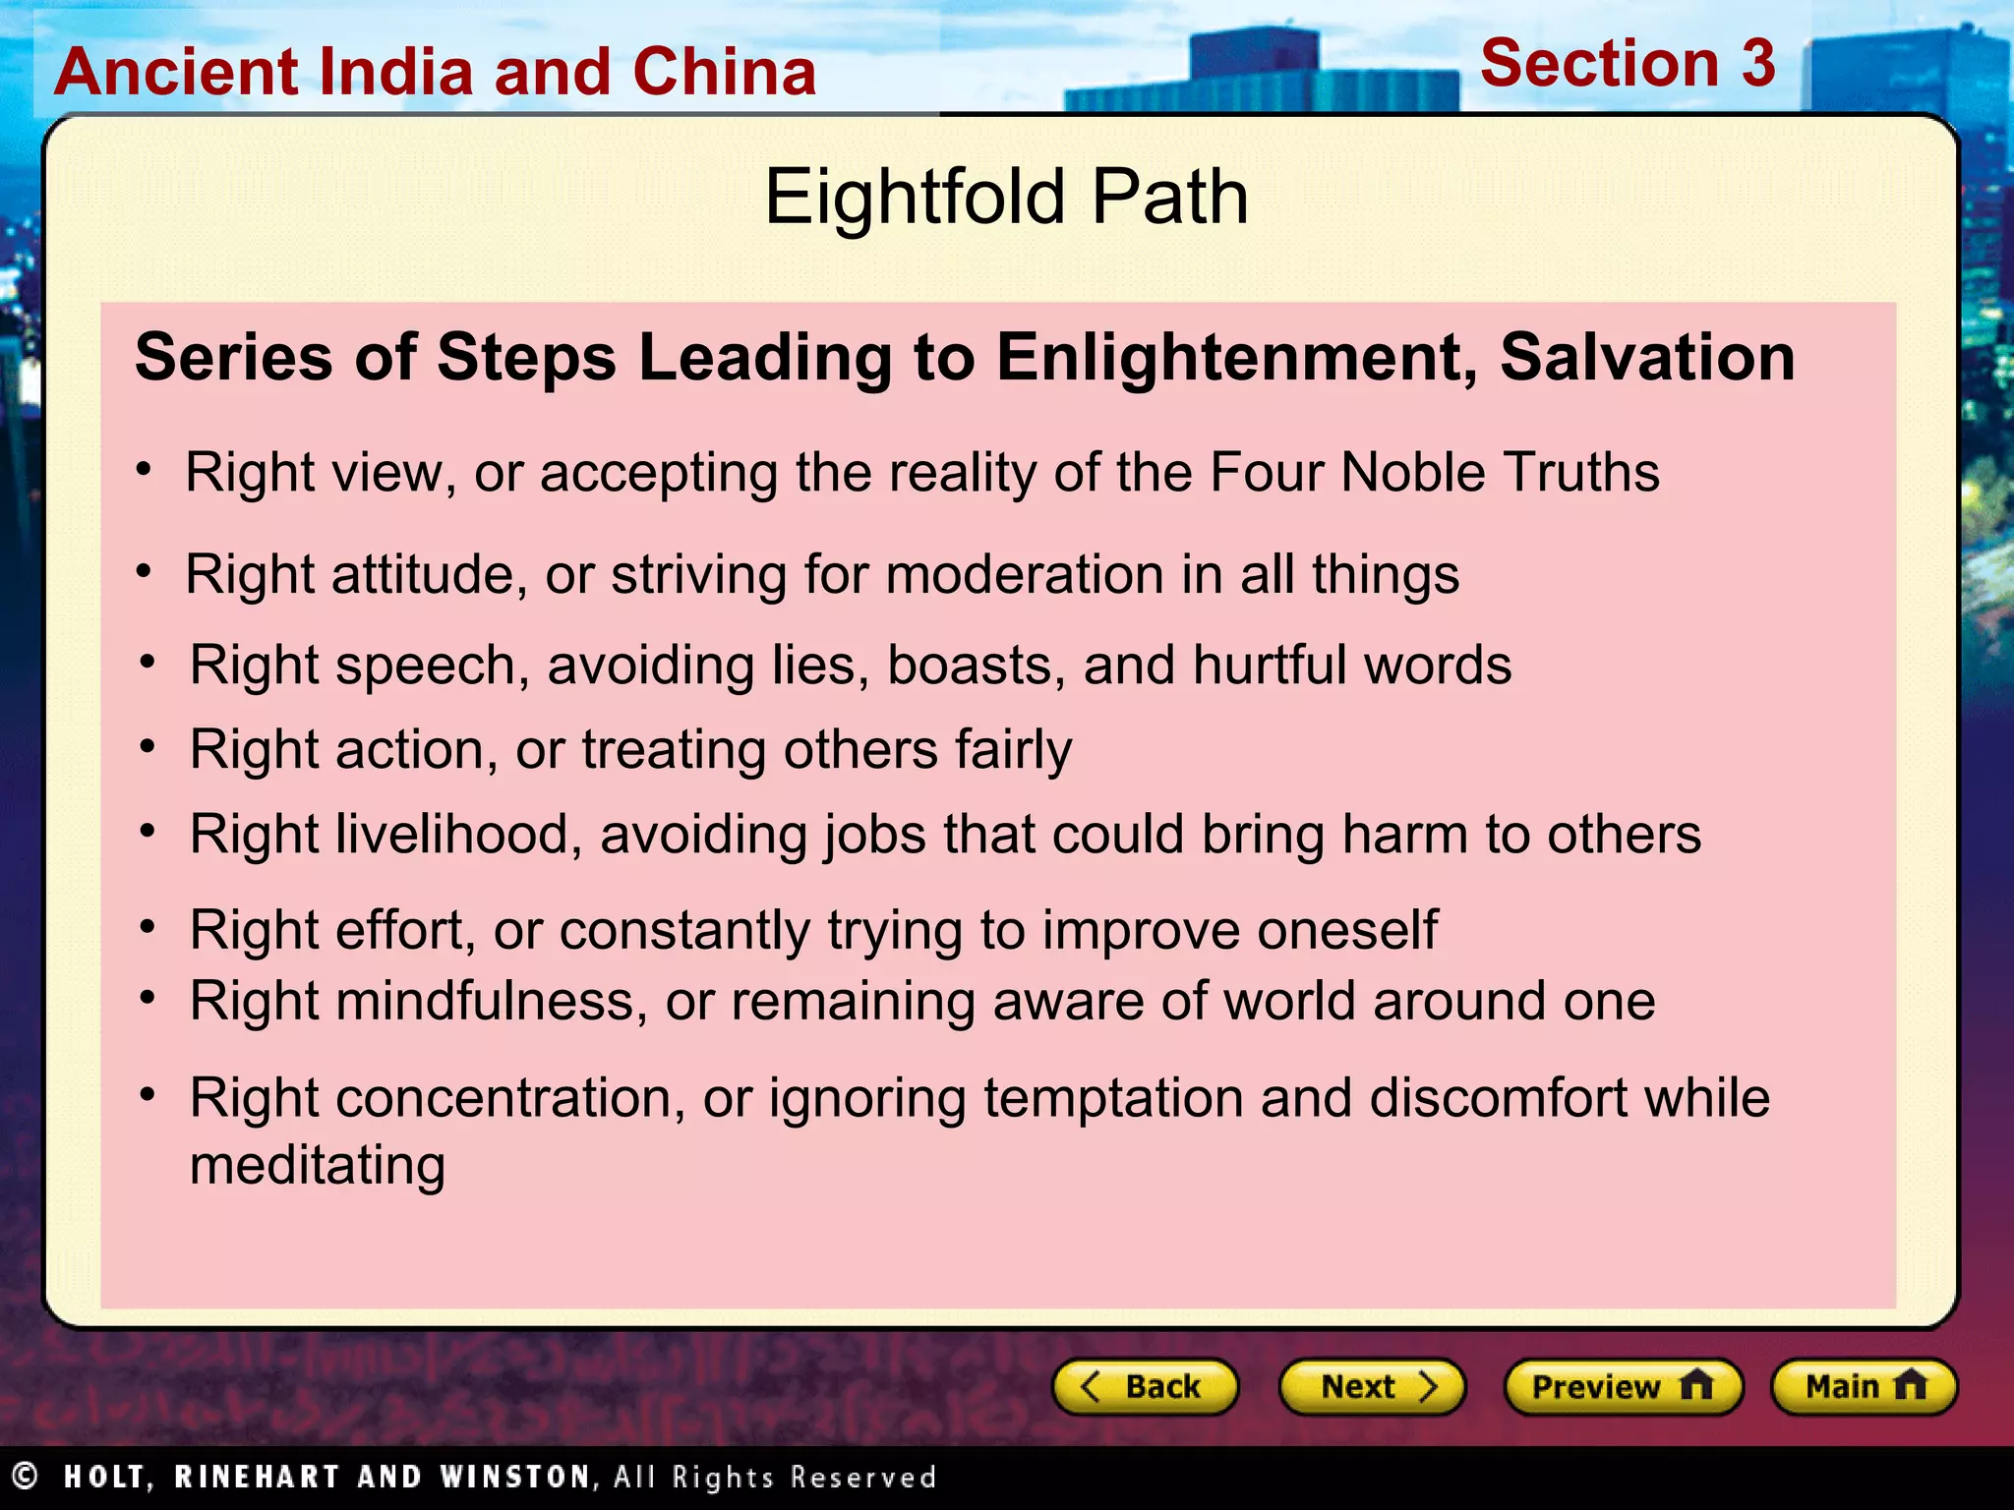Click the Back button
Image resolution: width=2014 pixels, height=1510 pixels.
point(1145,1387)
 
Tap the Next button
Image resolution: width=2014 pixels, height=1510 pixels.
point(1372,1387)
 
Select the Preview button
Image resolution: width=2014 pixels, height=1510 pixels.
point(1623,1387)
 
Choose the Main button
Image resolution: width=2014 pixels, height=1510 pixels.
point(1864,1387)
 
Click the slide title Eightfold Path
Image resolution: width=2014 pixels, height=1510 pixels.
point(1006,197)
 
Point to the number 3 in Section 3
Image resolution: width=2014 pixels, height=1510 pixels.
point(1758,64)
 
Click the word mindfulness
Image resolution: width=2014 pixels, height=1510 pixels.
point(492,1002)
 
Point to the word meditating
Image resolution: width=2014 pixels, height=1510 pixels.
point(318,1167)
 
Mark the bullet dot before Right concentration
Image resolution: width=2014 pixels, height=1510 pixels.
point(148,1094)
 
